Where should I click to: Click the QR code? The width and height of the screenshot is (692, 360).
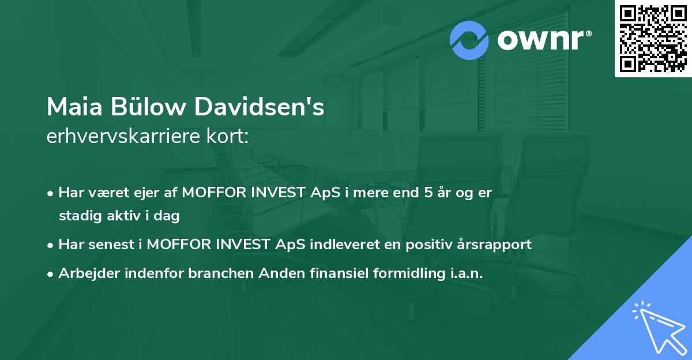pos(653,39)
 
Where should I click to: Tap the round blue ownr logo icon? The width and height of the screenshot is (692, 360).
pos(469,40)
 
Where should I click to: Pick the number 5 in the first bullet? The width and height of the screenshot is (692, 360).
pos(428,193)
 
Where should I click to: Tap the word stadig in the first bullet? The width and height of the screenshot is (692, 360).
pos(77,216)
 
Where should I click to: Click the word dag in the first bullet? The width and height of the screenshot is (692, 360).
pos(168,216)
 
